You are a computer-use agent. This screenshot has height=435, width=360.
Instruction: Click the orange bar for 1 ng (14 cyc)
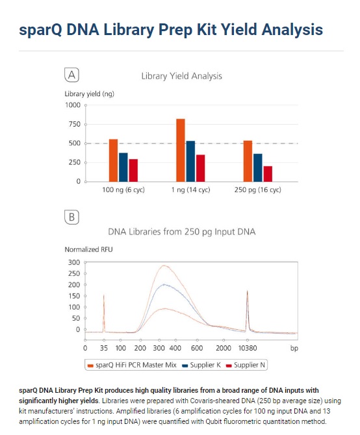181,151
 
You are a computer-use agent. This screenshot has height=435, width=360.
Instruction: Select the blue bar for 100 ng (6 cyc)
123,168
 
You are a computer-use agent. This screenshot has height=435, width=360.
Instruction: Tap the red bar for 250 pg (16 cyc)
268,174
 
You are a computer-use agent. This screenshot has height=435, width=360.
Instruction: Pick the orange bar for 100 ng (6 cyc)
113,160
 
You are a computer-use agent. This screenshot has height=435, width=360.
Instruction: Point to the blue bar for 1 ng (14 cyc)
190,162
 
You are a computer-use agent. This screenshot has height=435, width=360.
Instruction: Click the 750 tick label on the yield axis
74,124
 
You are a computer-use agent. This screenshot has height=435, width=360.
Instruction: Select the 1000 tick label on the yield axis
73,105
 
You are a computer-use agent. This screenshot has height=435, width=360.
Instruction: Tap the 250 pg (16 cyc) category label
257,190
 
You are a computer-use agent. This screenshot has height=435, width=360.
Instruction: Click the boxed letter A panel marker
71,75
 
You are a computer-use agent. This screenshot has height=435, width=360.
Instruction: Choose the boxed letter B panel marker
71,217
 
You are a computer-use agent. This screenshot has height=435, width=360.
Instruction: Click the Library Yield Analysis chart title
181,76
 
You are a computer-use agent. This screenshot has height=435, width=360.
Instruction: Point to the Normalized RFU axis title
88,249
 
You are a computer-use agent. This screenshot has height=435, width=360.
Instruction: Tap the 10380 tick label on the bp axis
248,348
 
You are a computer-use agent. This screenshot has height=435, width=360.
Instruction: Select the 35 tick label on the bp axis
104,348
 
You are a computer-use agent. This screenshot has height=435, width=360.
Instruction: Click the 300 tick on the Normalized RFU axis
74,262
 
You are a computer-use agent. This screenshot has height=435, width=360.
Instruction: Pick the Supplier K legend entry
201,365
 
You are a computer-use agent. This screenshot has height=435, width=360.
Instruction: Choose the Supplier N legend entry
246,365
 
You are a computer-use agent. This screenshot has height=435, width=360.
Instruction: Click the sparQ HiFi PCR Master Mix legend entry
132,365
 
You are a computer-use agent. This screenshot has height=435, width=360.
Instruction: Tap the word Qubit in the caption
214,421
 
